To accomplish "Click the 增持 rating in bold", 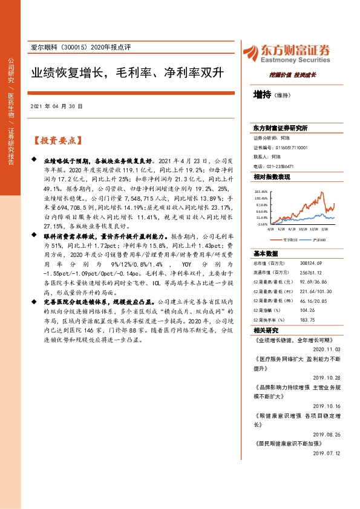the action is click(x=262, y=95).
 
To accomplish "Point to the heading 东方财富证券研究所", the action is click(x=280, y=128).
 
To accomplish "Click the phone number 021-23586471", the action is click(x=281, y=166).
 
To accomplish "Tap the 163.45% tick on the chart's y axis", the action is click(x=261, y=192).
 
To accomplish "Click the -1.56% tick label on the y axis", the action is click(x=262, y=224).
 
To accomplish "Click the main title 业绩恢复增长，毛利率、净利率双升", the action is click(x=128, y=73).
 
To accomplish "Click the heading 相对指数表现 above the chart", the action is click(x=272, y=177).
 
